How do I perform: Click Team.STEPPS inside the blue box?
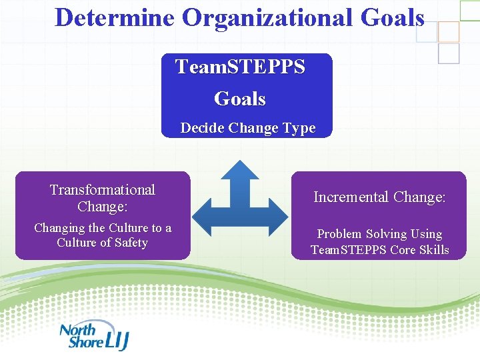[x=240, y=67]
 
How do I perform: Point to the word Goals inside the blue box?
[x=240, y=99]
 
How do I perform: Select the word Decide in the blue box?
[x=203, y=128]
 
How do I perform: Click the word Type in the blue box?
[x=300, y=128]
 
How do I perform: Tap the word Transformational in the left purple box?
[x=102, y=190]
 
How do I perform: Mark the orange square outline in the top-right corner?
[x=448, y=31]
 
